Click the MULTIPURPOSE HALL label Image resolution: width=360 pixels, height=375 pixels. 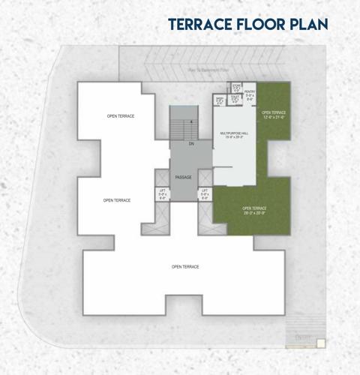pos(235,133)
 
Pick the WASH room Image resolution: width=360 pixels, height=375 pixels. pos(220,100)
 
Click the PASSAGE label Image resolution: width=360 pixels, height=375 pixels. pos(184,177)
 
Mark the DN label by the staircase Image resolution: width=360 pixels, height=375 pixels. pos(191,142)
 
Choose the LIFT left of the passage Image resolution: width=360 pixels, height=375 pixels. pos(162,193)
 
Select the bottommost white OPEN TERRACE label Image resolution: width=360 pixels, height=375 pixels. pos(184,267)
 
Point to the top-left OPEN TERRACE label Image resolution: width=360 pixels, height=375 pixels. pos(120,116)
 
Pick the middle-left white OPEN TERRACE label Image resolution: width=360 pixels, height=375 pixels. pos(117,200)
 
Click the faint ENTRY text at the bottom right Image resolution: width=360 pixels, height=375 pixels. pos(304,338)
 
